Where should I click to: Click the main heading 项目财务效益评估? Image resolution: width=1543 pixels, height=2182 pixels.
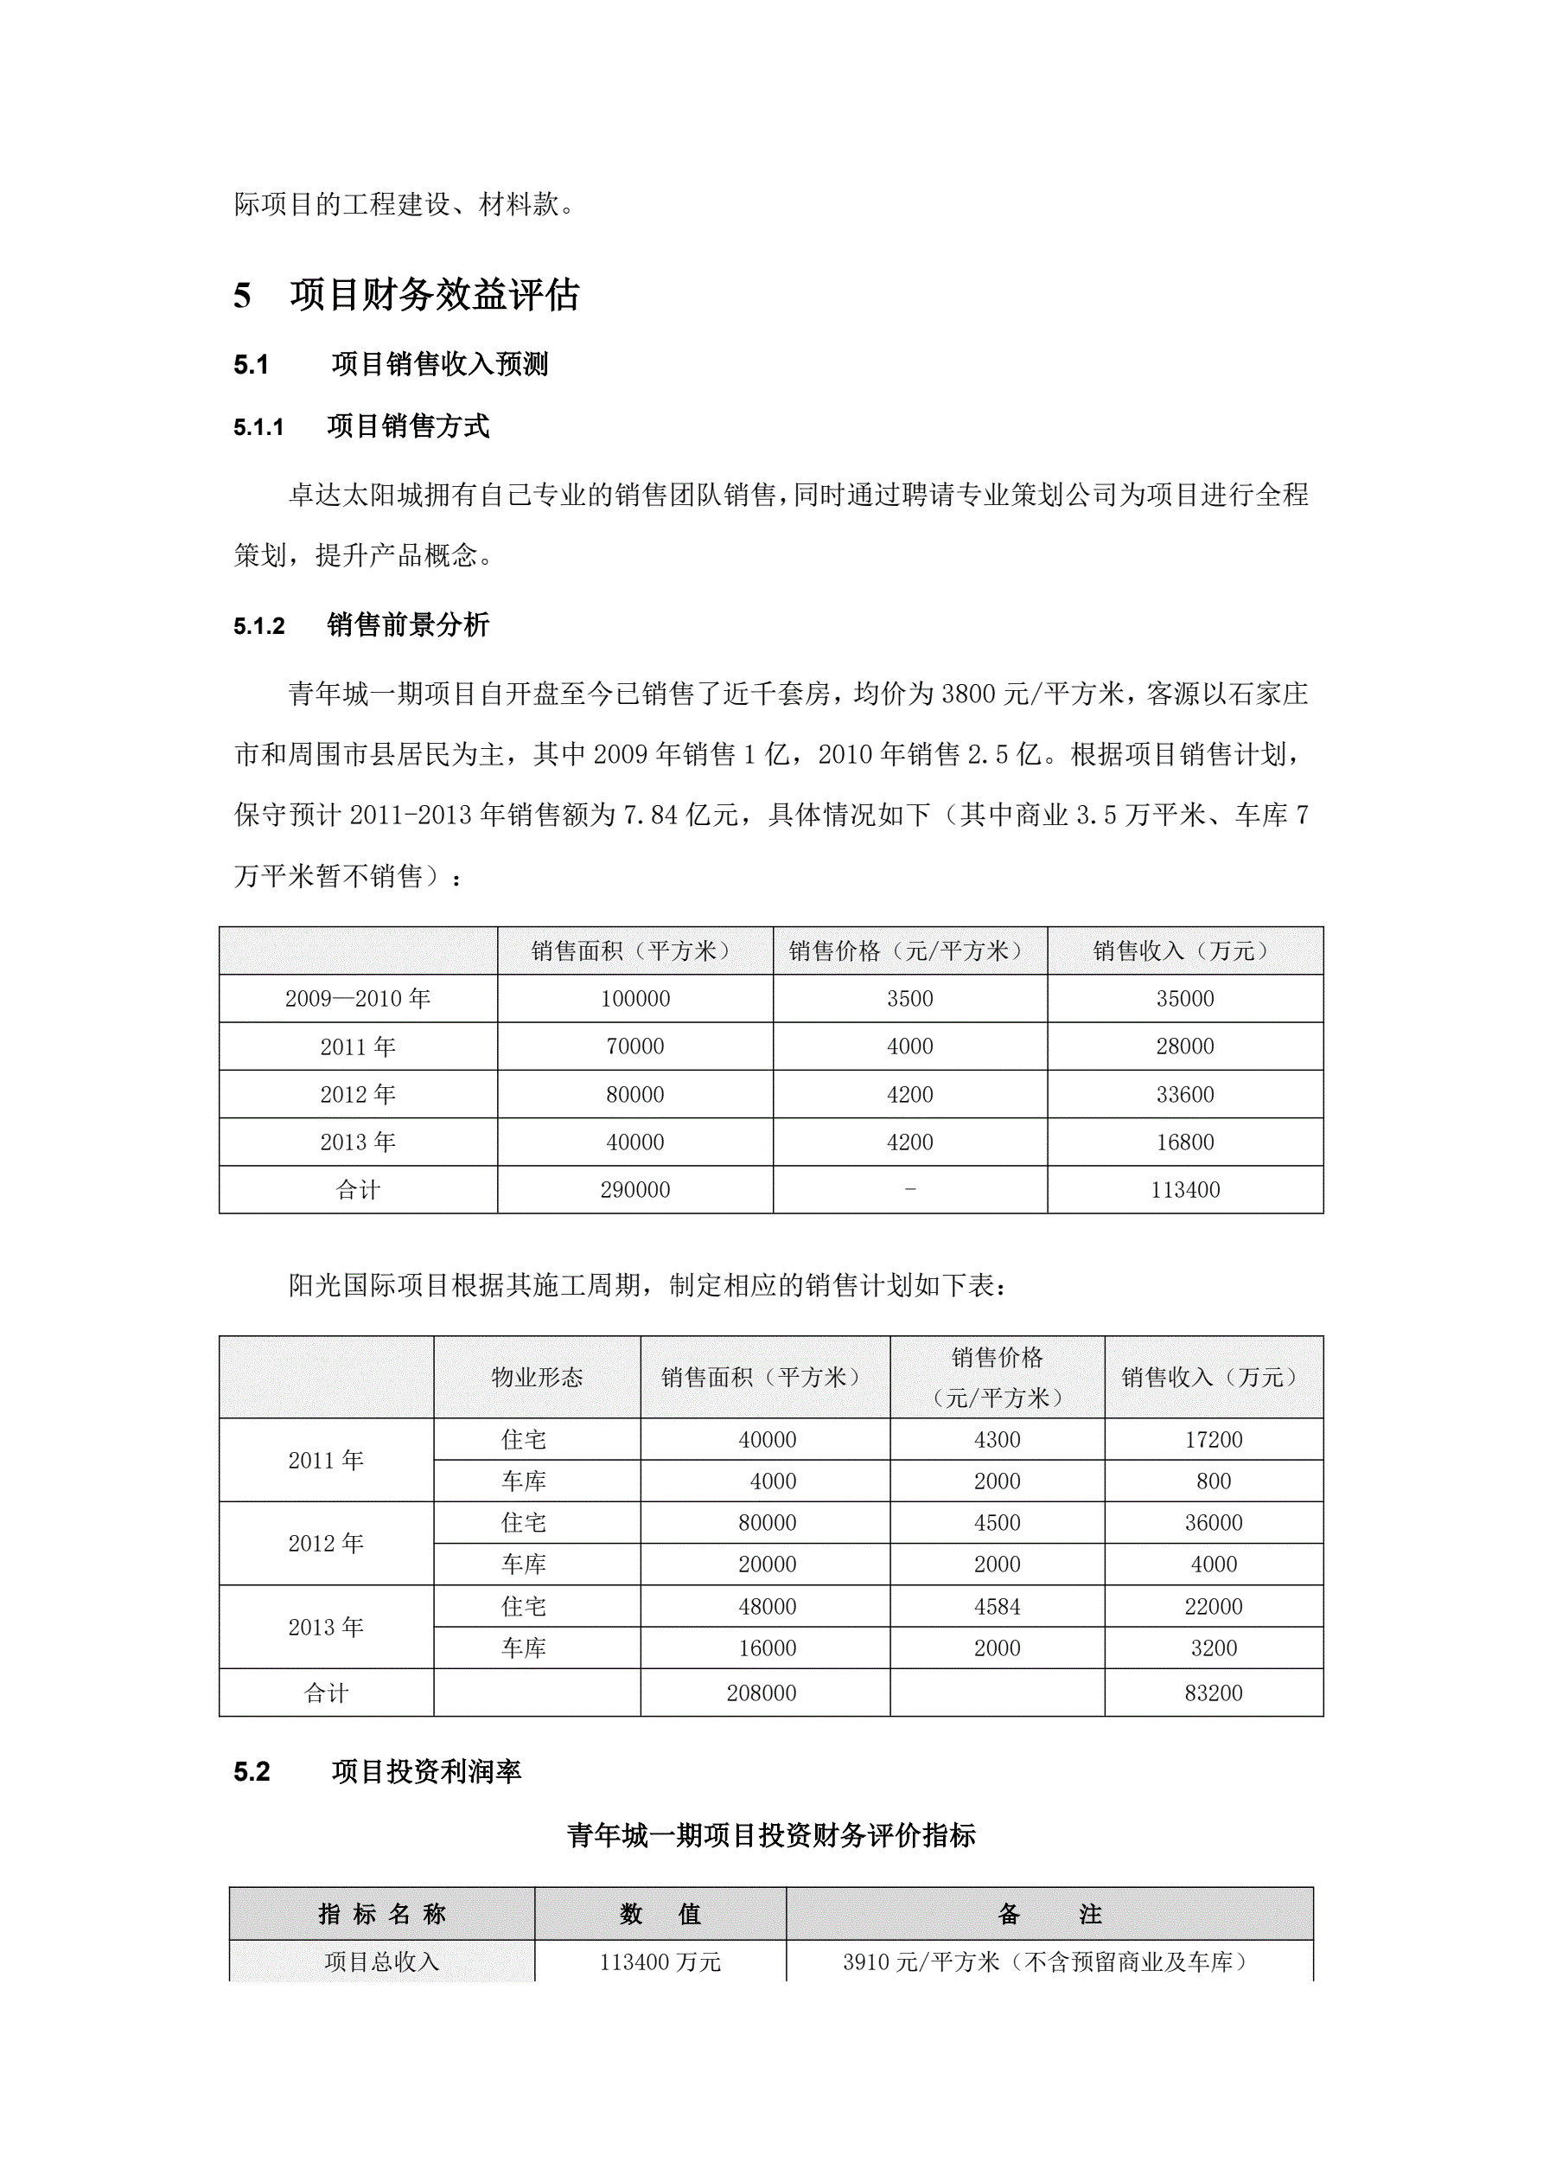[x=434, y=295]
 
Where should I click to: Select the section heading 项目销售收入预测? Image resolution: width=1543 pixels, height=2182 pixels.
[x=439, y=364]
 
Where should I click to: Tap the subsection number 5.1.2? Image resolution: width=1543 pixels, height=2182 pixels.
[x=258, y=626]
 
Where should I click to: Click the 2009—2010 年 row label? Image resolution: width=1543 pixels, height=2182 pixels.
[x=357, y=999]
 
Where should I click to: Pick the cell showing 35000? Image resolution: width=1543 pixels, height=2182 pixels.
[x=1184, y=999]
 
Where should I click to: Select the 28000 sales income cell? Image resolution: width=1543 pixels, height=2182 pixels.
[x=1184, y=1046]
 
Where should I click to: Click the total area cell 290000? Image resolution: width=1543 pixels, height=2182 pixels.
[x=634, y=1190]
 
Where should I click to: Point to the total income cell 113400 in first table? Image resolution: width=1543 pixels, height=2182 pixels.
[x=1184, y=1190]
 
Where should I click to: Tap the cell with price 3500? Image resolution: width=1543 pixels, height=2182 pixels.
[x=909, y=999]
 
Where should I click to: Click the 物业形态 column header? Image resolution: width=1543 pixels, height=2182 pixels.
[x=537, y=1377]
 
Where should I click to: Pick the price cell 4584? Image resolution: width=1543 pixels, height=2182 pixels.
[x=997, y=1607]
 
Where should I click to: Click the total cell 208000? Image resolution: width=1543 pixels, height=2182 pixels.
[x=761, y=1692]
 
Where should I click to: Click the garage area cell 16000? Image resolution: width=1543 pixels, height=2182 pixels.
[x=767, y=1648]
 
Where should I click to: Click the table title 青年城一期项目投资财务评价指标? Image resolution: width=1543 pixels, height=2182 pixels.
[x=770, y=1835]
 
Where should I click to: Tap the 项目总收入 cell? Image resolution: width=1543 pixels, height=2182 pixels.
[x=381, y=1961]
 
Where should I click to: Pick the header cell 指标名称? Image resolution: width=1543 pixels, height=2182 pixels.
[x=381, y=1914]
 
